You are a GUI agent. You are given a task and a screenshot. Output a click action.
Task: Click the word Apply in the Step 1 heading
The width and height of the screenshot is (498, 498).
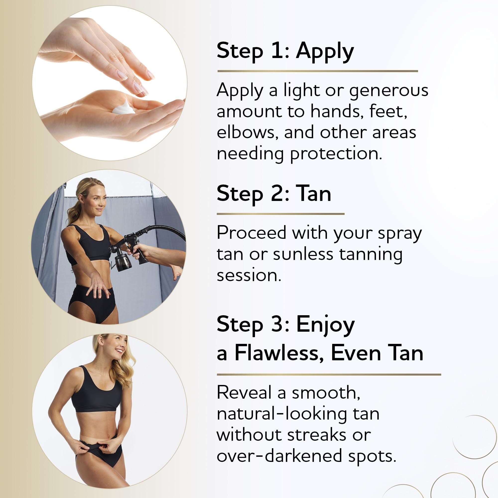(x=324, y=52)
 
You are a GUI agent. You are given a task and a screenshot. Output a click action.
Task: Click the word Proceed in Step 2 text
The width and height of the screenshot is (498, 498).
(x=251, y=233)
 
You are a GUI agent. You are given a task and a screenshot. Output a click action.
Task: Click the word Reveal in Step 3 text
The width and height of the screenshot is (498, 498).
(x=245, y=393)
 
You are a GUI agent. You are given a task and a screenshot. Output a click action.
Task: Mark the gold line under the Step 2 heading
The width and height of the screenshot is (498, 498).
(x=280, y=214)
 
